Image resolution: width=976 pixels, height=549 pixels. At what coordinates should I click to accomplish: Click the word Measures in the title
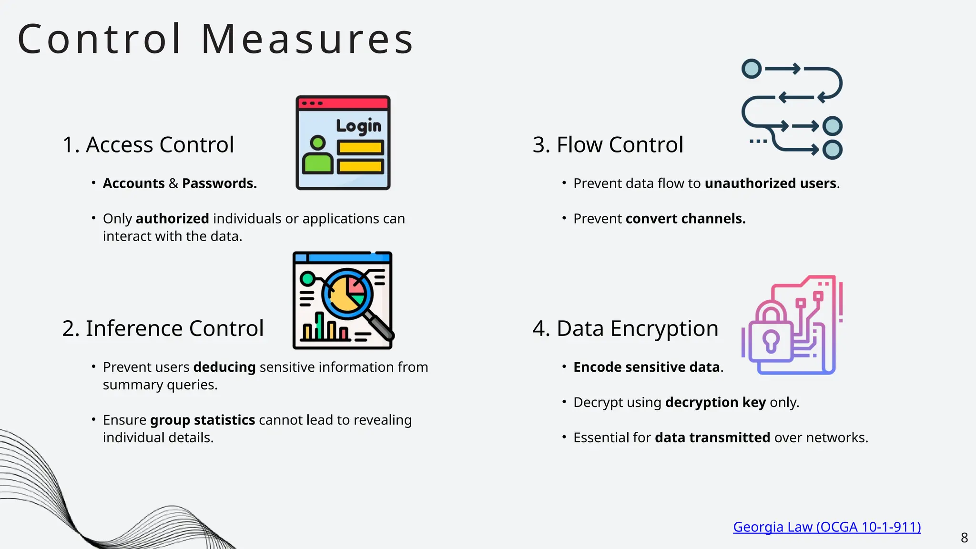coord(307,39)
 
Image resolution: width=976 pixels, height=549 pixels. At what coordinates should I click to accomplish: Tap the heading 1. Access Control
coord(148,144)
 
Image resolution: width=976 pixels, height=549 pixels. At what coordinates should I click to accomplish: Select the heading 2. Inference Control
coord(163,328)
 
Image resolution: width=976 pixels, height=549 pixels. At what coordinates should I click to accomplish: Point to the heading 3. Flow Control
coord(608,144)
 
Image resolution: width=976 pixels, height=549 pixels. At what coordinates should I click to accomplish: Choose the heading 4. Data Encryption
coord(625,328)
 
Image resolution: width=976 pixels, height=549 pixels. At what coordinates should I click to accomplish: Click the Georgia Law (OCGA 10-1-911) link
coord(827,527)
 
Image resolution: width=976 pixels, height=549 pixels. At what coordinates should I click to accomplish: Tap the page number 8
coord(964,538)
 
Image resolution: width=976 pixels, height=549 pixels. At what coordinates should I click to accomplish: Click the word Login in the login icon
coord(359,126)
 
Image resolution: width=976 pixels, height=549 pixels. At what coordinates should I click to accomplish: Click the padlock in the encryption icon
coord(771,334)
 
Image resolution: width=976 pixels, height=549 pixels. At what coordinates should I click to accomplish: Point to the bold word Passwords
coord(219,183)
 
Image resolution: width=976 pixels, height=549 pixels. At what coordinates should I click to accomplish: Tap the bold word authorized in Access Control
coord(173,219)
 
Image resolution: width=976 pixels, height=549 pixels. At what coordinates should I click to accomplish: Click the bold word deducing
coord(224,367)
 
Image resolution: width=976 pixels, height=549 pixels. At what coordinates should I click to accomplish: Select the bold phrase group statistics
coord(203,420)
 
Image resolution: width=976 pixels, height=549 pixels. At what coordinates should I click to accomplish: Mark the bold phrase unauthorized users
coord(771,183)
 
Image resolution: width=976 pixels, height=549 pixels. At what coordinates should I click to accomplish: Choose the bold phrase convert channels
coord(685,219)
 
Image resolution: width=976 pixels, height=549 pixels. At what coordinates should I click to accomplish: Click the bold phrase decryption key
coord(715,402)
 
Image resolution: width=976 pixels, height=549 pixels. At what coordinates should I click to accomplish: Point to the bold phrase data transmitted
coord(712,437)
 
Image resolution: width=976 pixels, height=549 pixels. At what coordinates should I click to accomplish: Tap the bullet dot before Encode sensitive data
coord(564,366)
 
